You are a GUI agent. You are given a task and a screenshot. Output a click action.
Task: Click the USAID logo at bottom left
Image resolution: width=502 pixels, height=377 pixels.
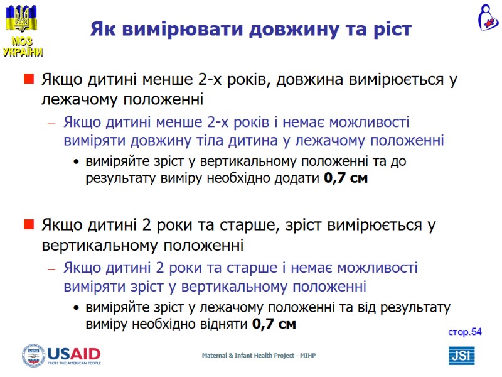click(x=61, y=355)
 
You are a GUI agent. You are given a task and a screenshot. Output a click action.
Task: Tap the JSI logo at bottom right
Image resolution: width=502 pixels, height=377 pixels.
click(x=461, y=356)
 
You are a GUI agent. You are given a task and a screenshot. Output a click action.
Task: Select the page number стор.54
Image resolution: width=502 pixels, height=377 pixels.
click(x=464, y=332)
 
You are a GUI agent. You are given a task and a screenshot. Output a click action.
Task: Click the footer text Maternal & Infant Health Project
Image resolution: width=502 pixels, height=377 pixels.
click(x=259, y=356)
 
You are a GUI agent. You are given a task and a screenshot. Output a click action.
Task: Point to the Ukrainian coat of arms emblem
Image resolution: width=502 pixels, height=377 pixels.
click(x=21, y=18)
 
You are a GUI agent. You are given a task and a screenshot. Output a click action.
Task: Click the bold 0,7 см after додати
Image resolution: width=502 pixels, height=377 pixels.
click(x=346, y=178)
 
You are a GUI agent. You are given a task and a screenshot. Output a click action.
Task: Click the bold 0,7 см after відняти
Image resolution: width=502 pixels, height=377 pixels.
click(x=274, y=325)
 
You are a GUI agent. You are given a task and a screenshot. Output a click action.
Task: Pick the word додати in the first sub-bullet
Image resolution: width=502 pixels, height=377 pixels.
click(x=297, y=178)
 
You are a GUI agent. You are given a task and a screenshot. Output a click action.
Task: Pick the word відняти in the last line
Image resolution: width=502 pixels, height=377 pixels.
click(x=225, y=325)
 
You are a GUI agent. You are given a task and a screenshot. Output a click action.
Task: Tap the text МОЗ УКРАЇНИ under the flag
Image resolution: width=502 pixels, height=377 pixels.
click(x=23, y=47)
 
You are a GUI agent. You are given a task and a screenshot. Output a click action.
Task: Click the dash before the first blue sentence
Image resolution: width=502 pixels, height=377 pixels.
click(x=53, y=123)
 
